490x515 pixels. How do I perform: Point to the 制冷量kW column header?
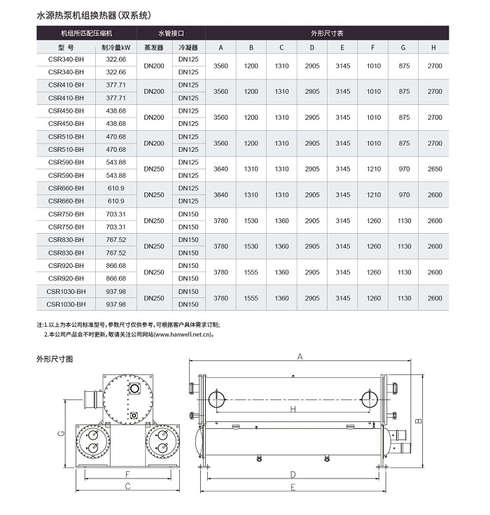(115, 48)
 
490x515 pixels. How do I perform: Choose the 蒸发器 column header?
(153, 48)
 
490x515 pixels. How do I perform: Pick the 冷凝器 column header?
(189, 48)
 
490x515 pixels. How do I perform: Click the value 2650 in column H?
(435, 169)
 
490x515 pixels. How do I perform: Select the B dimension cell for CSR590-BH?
(251, 169)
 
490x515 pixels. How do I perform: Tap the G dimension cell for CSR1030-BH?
(404, 298)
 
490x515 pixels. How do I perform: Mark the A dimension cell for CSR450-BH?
(220, 118)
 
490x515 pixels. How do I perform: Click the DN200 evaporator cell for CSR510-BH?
(153, 143)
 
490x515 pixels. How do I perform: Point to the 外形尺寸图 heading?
(55, 358)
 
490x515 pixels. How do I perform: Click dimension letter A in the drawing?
(299, 357)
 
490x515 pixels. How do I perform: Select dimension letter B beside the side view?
(418, 421)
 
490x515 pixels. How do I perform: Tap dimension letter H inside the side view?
(293, 409)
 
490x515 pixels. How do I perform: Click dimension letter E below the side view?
(292, 488)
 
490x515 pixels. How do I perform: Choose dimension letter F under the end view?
(127, 474)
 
